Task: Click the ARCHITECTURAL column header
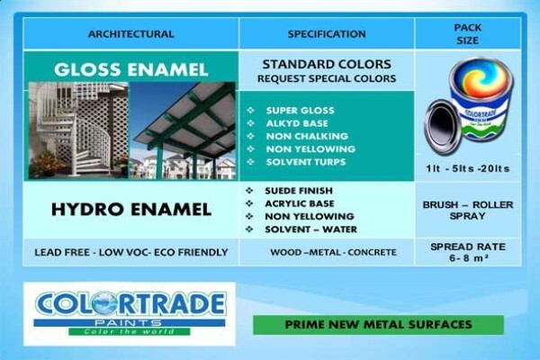[130, 34]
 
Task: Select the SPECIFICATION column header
[327, 34]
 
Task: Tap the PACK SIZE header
[467, 34]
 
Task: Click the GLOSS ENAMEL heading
[130, 69]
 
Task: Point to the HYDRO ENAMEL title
[131, 210]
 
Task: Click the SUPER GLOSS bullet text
[300, 111]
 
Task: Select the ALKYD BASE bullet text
[297, 123]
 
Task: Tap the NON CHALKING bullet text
[307, 136]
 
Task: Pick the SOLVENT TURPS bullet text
[306, 162]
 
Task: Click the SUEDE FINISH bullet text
[299, 191]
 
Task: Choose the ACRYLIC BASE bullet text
[300, 203]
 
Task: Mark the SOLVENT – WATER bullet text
[310, 229]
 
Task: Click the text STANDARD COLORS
[327, 65]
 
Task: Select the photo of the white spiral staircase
[78, 130]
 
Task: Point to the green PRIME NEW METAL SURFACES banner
[378, 325]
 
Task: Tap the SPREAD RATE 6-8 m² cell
[468, 252]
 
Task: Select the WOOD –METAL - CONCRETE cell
[333, 253]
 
